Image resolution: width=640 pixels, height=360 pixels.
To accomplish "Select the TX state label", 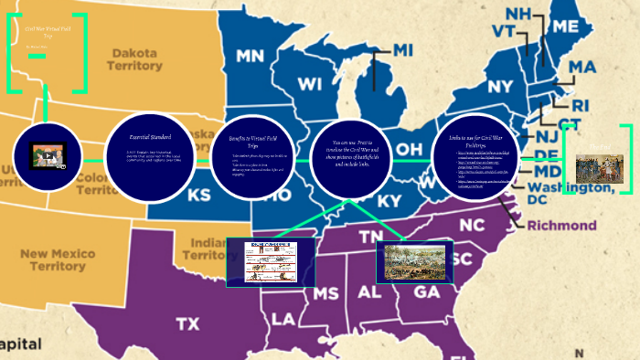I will [187, 323].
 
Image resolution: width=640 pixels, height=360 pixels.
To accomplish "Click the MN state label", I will [256, 57].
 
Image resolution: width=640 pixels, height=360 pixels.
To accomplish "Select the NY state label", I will [501, 87].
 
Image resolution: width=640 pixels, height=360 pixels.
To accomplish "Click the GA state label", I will [426, 292].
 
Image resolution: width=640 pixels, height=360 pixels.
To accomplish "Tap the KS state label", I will [198, 196].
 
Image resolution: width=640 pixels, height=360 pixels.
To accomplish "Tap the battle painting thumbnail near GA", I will [415, 261].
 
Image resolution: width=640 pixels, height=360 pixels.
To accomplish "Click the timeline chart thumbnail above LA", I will [271, 261].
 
